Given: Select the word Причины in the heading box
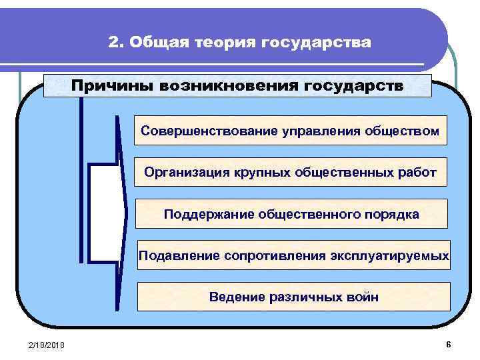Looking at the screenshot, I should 107,86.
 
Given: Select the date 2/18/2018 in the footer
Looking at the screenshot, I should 47,344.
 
